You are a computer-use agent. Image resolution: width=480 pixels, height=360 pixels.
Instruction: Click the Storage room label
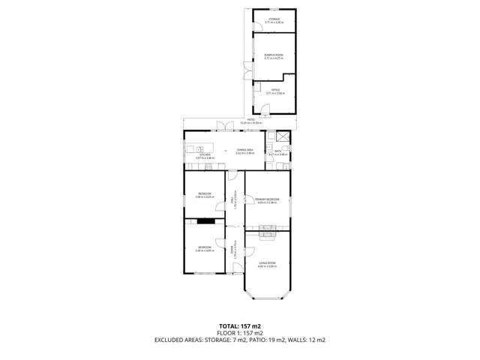[274, 20]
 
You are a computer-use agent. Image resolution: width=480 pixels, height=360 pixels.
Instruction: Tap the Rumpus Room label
[274, 56]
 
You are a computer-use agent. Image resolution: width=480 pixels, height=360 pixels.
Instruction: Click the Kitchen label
[205, 157]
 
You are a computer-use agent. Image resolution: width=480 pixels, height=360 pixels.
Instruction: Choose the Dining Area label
[245, 151]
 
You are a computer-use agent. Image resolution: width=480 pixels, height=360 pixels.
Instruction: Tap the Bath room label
[277, 153]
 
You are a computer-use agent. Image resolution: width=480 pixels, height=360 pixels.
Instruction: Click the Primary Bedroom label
[267, 200]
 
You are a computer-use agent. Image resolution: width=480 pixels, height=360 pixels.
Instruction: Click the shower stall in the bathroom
[282, 136]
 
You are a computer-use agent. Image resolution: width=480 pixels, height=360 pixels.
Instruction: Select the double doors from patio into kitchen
[222, 126]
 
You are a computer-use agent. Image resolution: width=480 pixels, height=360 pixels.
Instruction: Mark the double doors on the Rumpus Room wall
[245, 68]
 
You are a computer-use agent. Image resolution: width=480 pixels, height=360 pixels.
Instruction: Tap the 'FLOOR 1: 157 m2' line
[239, 333]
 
